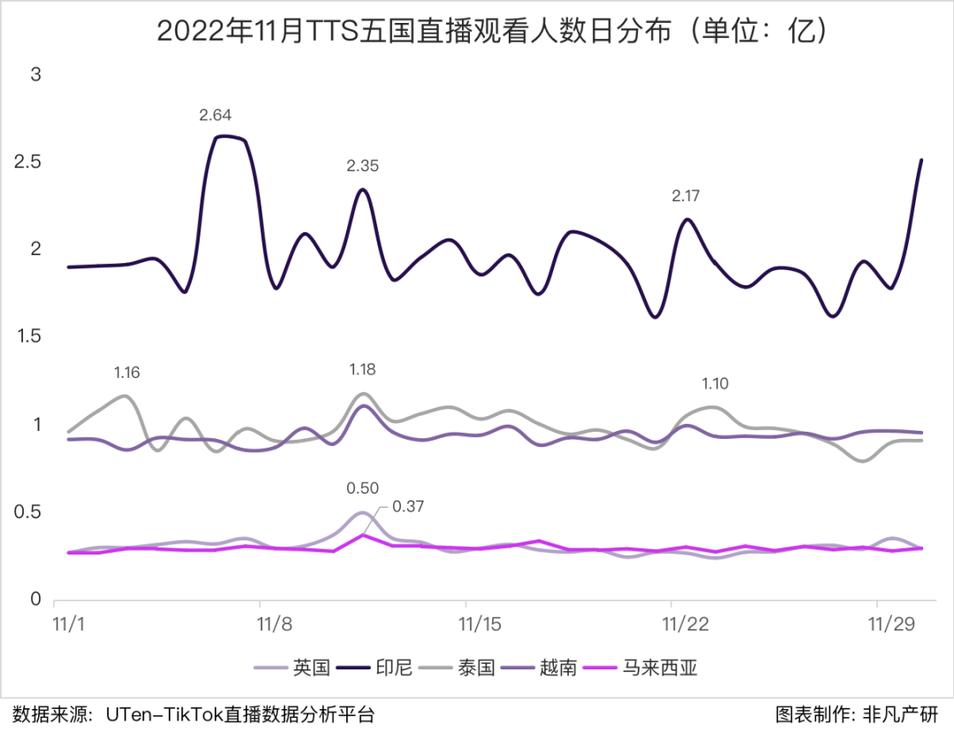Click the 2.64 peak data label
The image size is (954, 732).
point(216,115)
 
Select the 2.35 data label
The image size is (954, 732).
point(362,166)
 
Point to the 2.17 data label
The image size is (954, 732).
point(688,195)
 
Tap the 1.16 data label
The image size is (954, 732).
point(126,373)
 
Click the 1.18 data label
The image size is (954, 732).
point(362,369)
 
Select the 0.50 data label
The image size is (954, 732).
point(362,488)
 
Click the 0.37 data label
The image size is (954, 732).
point(409,506)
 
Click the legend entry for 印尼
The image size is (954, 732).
point(393,667)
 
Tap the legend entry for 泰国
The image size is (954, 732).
point(476,667)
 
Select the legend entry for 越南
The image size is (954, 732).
point(558,667)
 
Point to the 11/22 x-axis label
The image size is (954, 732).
point(686,624)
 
